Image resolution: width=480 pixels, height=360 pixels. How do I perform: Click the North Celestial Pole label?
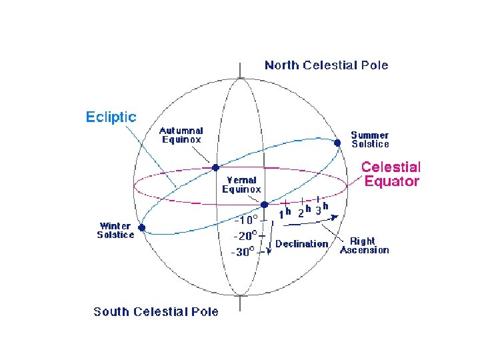click(x=326, y=65)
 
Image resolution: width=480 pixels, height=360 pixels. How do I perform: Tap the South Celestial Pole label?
click(x=155, y=311)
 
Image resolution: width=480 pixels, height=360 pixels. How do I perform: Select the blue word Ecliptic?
click(x=111, y=117)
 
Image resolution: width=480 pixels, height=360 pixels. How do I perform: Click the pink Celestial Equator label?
click(x=391, y=174)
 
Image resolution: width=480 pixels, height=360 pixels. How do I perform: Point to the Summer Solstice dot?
click(x=337, y=143)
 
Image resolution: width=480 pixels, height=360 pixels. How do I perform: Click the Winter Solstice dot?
click(x=142, y=227)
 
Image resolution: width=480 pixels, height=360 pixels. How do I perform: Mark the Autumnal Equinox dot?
click(x=215, y=167)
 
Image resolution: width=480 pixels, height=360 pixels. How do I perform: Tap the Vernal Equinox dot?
click(x=265, y=204)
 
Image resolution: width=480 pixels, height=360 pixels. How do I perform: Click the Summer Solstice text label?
click(x=371, y=139)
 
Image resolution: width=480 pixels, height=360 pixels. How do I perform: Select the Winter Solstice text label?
click(x=115, y=230)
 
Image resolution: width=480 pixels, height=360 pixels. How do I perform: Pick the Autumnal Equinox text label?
click(x=181, y=135)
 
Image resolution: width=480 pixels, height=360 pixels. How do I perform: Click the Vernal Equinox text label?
click(x=241, y=185)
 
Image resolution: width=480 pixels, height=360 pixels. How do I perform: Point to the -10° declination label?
click(x=245, y=219)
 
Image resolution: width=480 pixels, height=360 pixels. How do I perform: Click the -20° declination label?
click(x=245, y=235)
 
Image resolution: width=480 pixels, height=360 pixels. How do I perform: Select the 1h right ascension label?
click(x=285, y=214)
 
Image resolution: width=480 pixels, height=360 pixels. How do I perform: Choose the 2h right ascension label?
click(x=303, y=213)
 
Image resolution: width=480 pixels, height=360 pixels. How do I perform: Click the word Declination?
click(x=302, y=244)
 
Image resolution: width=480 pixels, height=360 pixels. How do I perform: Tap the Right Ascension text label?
click(x=365, y=245)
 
